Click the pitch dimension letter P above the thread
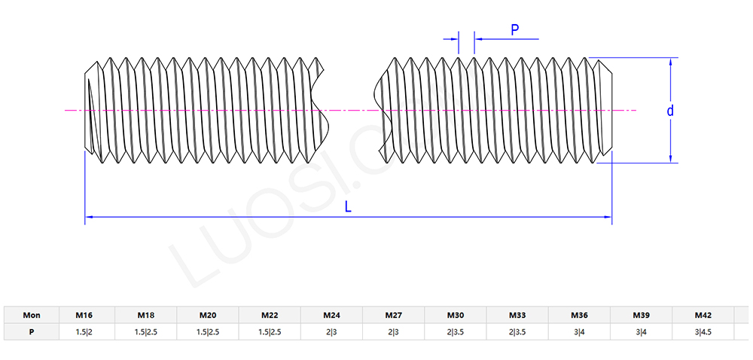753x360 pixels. tap(515, 29)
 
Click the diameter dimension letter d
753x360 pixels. tap(670, 111)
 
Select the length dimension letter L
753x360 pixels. tap(348, 207)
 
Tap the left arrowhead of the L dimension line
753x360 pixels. tap(89, 217)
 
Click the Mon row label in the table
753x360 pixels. tap(32, 316)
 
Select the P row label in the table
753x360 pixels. tap(32, 331)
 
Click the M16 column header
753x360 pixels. tap(84, 316)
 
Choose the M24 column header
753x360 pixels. tap(331, 316)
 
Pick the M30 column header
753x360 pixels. tap(456, 316)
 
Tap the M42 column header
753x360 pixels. tap(703, 316)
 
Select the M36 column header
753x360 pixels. tap(579, 316)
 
